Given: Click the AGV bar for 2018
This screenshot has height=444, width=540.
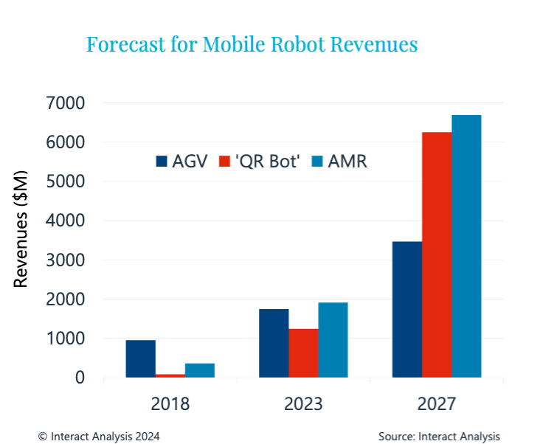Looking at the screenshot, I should click(140, 359).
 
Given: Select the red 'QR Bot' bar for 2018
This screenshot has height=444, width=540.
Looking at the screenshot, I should click(170, 375).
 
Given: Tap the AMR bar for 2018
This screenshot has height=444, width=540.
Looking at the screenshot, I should click(200, 370).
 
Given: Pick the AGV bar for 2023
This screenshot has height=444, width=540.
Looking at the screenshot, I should click(274, 343).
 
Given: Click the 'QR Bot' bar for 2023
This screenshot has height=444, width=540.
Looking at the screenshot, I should click(303, 353).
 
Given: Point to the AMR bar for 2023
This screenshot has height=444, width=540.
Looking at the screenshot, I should click(333, 340).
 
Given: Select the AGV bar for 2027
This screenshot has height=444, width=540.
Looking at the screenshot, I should click(407, 310).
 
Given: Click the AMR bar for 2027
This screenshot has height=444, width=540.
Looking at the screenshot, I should click(466, 246).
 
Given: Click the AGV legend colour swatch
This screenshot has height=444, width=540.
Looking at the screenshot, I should click(162, 162).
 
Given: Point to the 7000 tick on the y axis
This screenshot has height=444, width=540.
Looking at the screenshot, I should click(65, 103).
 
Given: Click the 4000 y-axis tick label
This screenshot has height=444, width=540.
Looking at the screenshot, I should click(65, 221).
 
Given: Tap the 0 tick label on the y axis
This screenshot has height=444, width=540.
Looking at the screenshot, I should click(79, 378).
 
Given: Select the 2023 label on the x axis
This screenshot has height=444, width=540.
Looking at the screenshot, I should click(303, 403).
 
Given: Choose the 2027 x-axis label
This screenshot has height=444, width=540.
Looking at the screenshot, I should click(437, 403).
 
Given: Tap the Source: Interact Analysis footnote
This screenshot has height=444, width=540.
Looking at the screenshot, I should click(439, 436).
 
